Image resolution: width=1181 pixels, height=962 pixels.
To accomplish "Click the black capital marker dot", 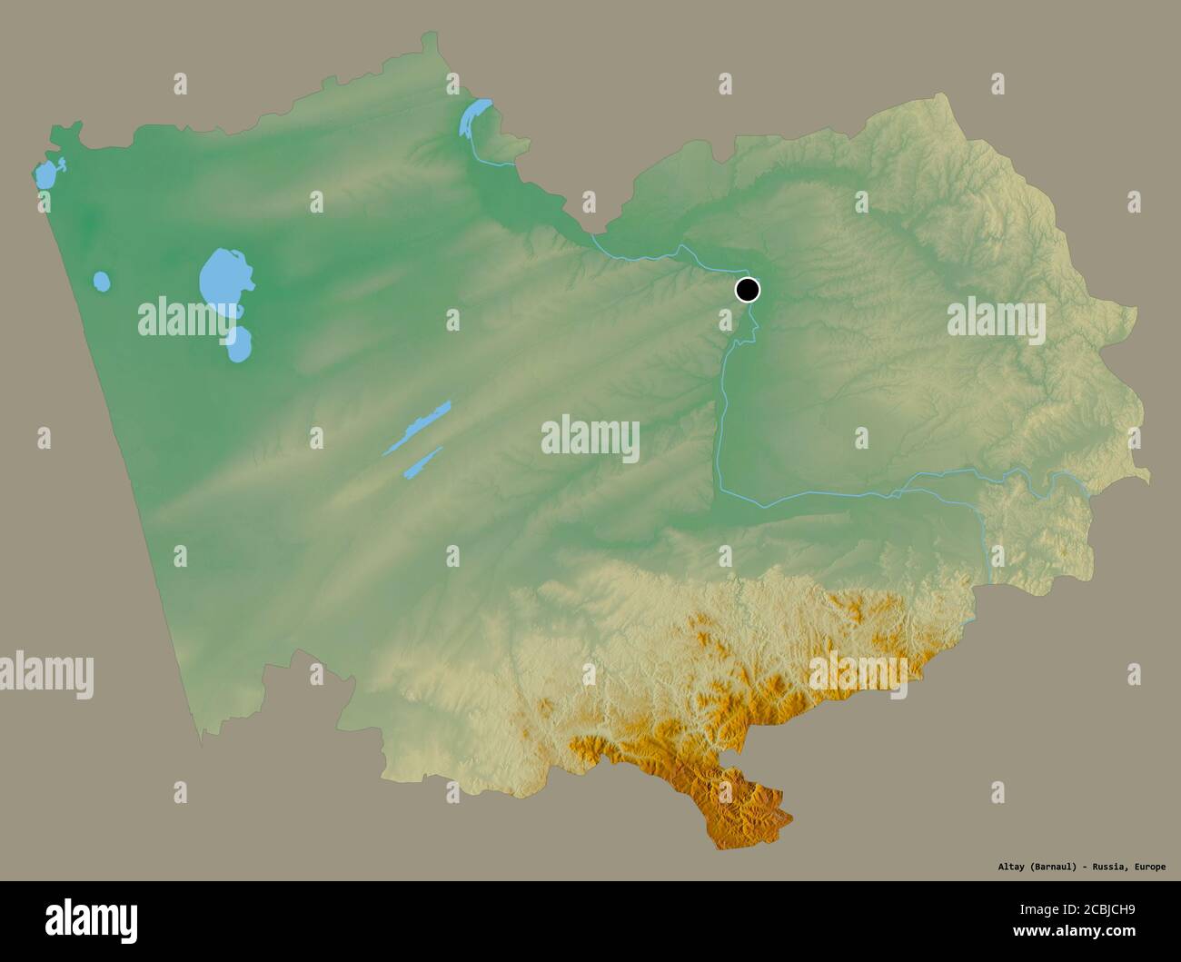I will pyautogui.click(x=747, y=290).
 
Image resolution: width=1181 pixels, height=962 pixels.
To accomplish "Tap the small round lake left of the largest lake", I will pyautogui.click(x=102, y=282).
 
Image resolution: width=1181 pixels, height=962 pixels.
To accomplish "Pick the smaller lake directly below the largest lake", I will pyautogui.click(x=239, y=344).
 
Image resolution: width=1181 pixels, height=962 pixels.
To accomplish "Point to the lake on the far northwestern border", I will pyautogui.click(x=44, y=174).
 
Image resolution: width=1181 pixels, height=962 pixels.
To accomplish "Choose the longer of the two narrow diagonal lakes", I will pyautogui.click(x=417, y=427).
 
